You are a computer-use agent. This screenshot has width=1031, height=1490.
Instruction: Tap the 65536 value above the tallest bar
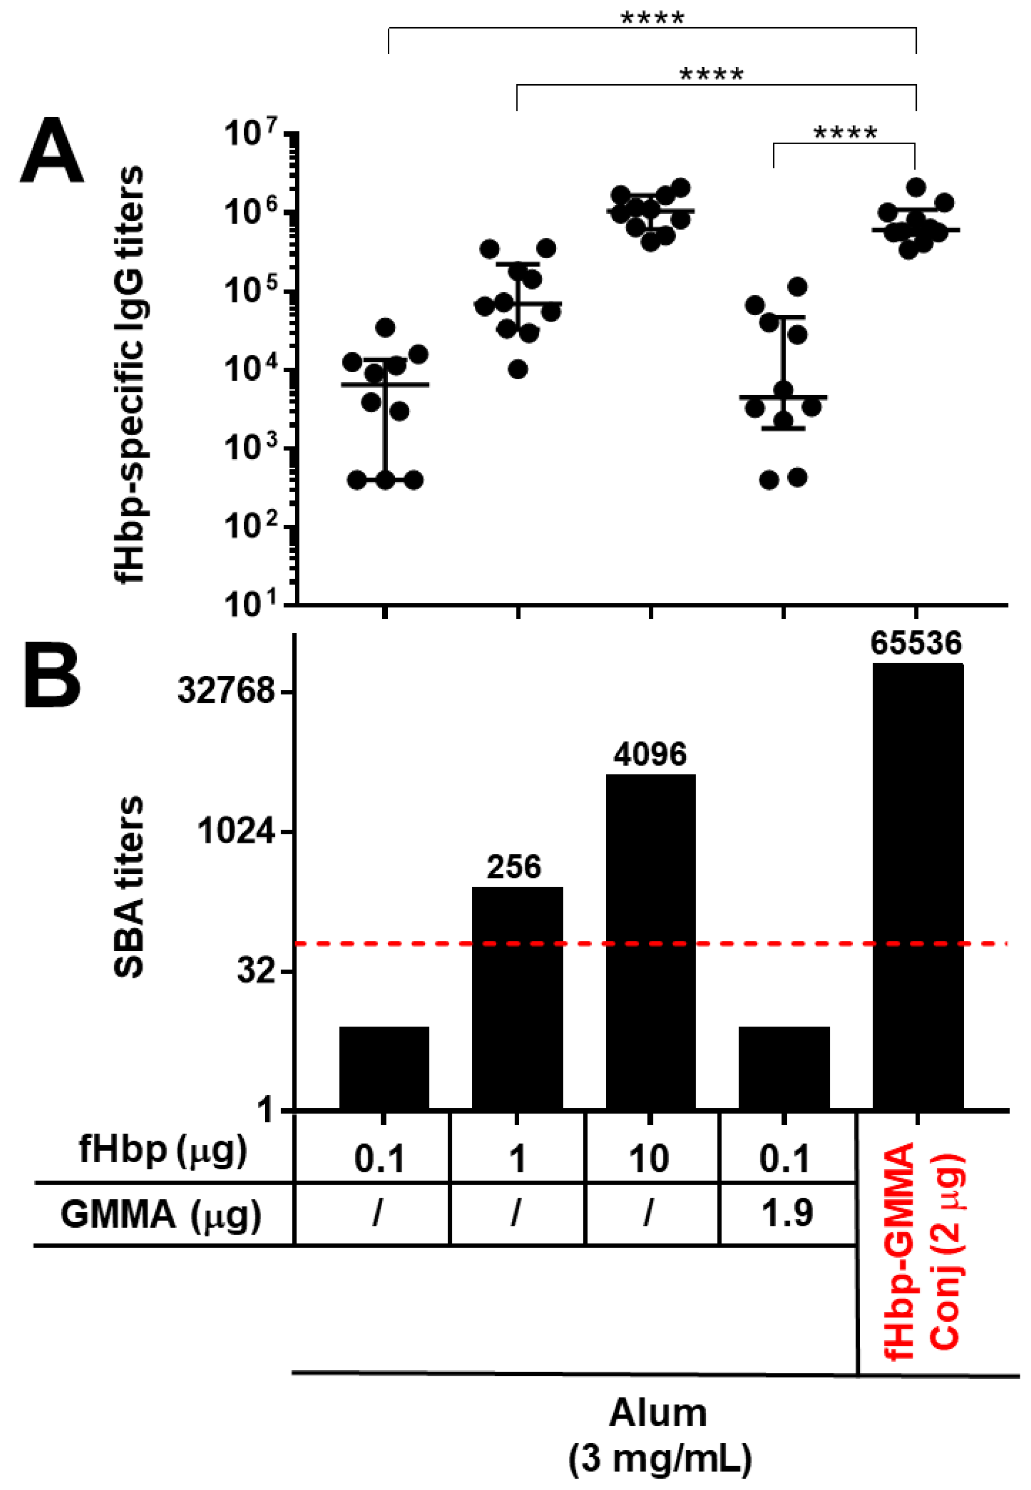pos(916,643)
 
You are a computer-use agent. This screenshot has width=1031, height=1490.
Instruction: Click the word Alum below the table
pos(658,1413)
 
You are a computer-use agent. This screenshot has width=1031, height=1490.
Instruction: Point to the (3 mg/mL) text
pos(660,1458)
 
